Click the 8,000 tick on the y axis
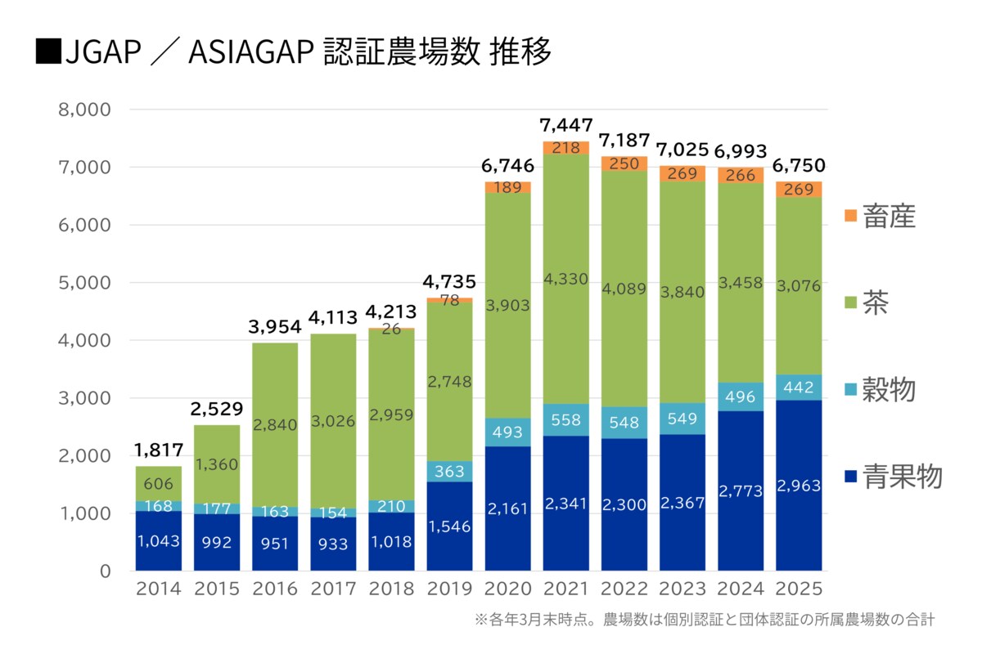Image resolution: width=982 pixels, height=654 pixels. [85, 110]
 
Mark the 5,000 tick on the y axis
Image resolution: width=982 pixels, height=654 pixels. [85, 283]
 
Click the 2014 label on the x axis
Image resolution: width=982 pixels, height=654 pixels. [159, 589]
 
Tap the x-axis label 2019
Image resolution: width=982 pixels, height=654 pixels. [449, 589]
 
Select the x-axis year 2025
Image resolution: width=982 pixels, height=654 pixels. [799, 589]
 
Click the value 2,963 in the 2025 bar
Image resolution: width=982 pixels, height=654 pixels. [799, 486]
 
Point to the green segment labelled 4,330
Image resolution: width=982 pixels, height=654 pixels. [565, 279]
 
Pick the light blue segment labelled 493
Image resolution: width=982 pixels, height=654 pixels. [507, 432]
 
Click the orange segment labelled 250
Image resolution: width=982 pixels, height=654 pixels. [624, 163]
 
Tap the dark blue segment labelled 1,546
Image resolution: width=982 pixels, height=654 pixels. [449, 526]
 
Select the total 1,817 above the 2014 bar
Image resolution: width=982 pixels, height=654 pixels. [159, 450]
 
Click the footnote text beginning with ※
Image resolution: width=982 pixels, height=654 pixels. [704, 620]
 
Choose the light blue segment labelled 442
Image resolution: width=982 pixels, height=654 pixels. [799, 387]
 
